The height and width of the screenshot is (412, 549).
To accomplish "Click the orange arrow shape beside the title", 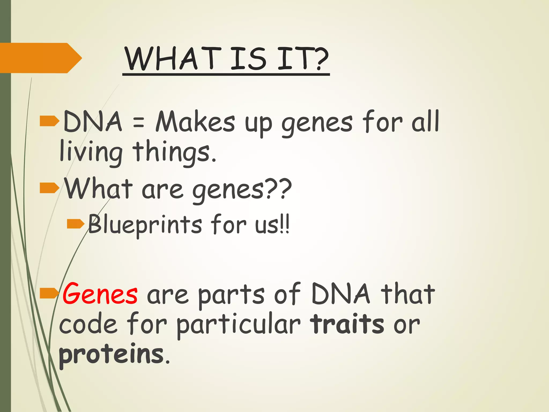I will pos(40,58).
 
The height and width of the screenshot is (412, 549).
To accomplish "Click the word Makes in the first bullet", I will pos(195,122).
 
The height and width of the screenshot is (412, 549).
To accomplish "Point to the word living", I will pos(91,152).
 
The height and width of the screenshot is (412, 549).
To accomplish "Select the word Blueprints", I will pos(145,225).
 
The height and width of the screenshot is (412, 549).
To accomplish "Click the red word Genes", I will pos(100,294).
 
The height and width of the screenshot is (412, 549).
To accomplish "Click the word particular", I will pos(238,325).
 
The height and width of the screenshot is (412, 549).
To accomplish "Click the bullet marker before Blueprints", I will pos(75,224).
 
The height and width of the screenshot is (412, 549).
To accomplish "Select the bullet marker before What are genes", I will pos(49,188).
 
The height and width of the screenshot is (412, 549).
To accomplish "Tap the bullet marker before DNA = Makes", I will pos(49,121).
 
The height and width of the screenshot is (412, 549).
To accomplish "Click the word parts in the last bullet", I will pos(231,295).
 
